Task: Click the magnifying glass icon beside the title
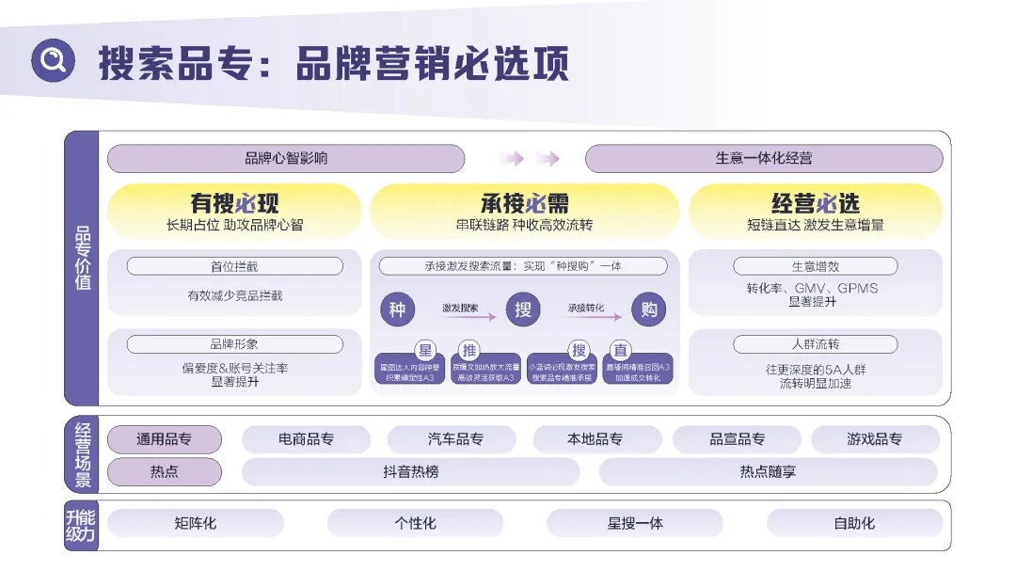[53, 62]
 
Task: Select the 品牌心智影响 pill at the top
[286, 159]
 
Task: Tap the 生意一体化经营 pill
[764, 159]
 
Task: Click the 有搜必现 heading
[235, 203]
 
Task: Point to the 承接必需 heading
[525, 203]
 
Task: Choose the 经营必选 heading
[816, 203]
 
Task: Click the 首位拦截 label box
[234, 266]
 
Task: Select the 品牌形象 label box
[234, 344]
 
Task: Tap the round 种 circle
[398, 309]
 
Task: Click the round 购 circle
[649, 309]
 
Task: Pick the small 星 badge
[425, 351]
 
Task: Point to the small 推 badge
[469, 351]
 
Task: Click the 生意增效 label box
[816, 266]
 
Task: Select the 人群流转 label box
[816, 344]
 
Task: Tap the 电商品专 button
[306, 439]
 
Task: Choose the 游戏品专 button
[875, 439]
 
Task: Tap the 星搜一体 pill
[635, 523]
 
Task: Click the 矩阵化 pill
[196, 523]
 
